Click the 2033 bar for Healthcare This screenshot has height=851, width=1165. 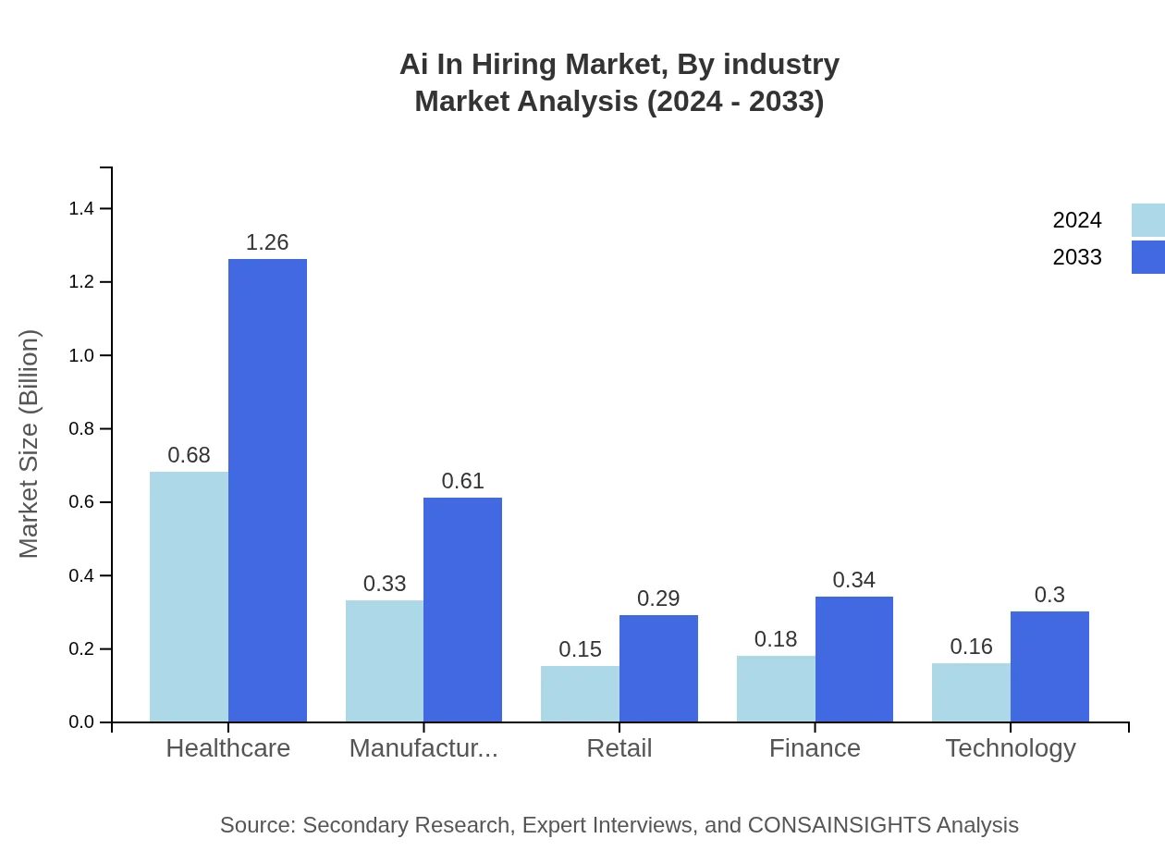pyautogui.click(x=267, y=490)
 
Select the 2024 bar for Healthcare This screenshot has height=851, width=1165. pyautogui.click(x=189, y=597)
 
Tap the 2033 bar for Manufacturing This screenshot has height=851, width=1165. pyautogui.click(x=462, y=610)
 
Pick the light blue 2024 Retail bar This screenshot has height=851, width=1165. pyautogui.click(x=580, y=694)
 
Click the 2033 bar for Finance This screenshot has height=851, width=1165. pyautogui.click(x=854, y=659)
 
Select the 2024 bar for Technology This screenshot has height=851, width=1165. pyautogui.click(x=971, y=692)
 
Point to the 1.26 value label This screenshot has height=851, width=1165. pyautogui.click(x=267, y=242)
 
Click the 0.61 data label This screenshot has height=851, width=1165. pyautogui.click(x=462, y=481)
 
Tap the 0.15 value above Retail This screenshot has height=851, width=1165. pyautogui.click(x=580, y=649)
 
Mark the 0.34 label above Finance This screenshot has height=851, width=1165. pyautogui.click(x=853, y=580)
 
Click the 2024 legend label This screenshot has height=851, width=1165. pyautogui.click(x=1077, y=220)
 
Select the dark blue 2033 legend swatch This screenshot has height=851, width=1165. pyautogui.click(x=1147, y=257)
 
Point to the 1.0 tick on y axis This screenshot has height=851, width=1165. pyautogui.click(x=82, y=356)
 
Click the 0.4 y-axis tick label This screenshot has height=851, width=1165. pyautogui.click(x=82, y=576)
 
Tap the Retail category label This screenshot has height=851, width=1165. pyautogui.click(x=619, y=748)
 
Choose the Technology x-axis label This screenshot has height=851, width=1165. pyautogui.click(x=1010, y=748)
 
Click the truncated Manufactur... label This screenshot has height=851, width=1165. pyautogui.click(x=423, y=748)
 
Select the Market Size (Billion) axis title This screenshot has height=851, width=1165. pyautogui.click(x=30, y=444)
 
